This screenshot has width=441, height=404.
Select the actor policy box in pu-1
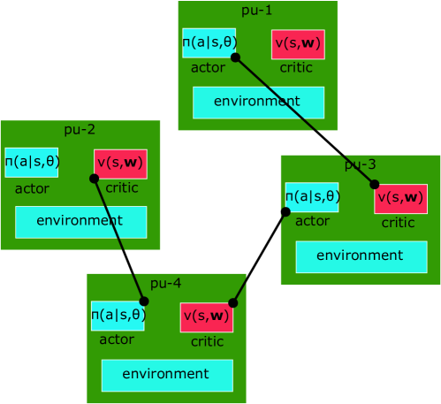click(x=209, y=42)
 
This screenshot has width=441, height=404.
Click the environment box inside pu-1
click(x=259, y=103)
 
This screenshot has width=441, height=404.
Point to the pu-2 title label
click(x=80, y=130)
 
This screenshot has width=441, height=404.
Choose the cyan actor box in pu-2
click(x=32, y=162)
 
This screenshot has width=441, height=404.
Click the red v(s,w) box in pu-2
click(x=120, y=164)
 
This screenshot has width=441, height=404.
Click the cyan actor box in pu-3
click(x=312, y=197)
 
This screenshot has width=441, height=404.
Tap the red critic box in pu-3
click(x=400, y=198)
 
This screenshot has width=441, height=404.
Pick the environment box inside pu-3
click(x=361, y=256)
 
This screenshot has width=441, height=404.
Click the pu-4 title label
click(x=166, y=283)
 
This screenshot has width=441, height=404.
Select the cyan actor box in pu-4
click(x=118, y=316)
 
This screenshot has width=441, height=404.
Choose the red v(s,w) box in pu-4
click(x=207, y=317)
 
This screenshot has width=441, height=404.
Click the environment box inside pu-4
click(x=167, y=375)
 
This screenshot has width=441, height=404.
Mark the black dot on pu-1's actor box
click(x=235, y=57)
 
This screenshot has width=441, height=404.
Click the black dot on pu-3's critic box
click(x=374, y=185)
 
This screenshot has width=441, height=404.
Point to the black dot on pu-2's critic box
click(x=94, y=179)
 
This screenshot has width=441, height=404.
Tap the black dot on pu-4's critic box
click(x=233, y=302)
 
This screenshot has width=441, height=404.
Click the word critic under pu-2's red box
click(x=122, y=187)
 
